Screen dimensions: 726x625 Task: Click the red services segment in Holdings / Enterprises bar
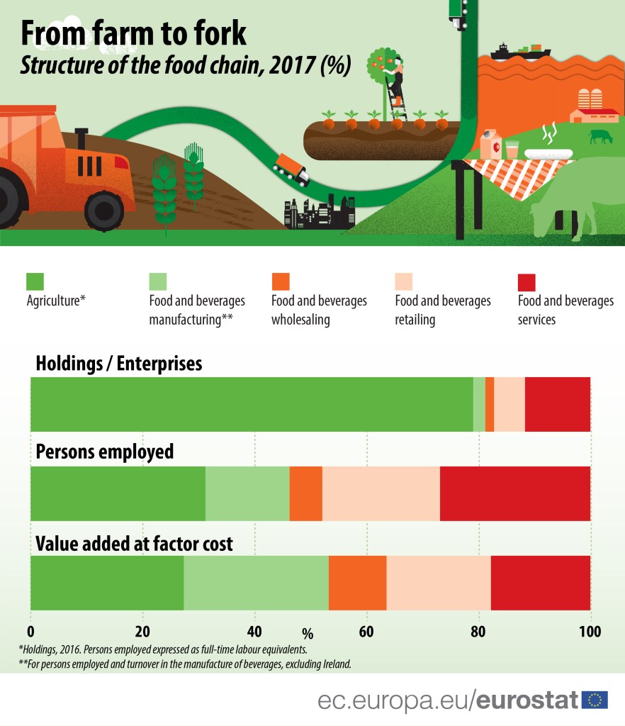click(557, 404)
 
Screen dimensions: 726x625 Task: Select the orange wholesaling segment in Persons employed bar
click(305, 493)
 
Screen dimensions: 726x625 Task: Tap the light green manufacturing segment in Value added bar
click(256, 583)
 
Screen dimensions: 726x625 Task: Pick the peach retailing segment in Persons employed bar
click(381, 493)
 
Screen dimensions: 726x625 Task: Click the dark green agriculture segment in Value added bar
click(107, 583)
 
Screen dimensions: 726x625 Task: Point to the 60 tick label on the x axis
click(366, 632)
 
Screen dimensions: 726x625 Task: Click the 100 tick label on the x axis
click(590, 632)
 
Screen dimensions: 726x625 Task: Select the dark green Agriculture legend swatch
click(35, 281)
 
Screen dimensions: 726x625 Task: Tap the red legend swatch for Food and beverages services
click(527, 281)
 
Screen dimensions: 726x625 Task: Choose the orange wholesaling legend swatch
click(281, 281)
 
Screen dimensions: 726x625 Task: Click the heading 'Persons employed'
click(104, 452)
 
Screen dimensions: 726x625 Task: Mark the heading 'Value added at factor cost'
click(134, 544)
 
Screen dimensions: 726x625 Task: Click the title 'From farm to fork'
click(133, 33)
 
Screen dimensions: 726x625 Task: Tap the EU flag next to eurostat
click(595, 700)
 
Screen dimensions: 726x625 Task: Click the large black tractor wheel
click(103, 209)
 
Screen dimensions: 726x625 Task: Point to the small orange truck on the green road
click(291, 169)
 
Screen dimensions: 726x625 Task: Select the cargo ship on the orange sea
click(520, 52)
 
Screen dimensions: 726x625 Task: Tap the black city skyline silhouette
click(318, 213)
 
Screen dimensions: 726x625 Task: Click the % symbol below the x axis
click(307, 632)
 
